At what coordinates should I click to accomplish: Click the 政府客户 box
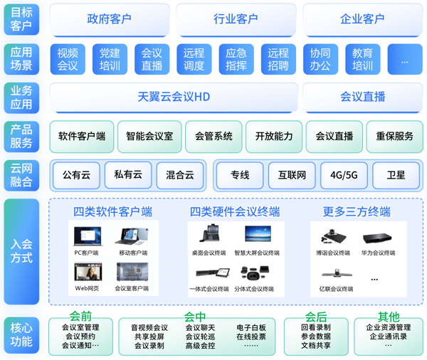pos(109,19)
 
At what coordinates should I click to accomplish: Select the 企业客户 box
pos(362,19)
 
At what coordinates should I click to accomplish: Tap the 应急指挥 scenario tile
pos(236,59)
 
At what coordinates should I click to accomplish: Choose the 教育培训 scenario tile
pos(362,59)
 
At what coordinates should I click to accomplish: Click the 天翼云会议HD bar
pos(173,97)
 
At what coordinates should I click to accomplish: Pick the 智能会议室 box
pos(149,136)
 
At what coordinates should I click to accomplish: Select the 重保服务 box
pos(394,136)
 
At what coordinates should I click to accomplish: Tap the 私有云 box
pos(128,174)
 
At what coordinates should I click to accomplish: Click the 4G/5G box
pos(344,175)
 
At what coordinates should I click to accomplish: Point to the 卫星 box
pos(396,175)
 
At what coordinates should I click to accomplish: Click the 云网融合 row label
pos(21,174)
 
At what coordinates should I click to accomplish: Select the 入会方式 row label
pos(21,250)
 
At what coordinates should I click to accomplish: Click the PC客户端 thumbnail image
pos(88,236)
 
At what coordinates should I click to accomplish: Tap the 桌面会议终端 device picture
pos(209,235)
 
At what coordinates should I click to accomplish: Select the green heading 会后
pos(315,317)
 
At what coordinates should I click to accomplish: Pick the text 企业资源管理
pos(388,328)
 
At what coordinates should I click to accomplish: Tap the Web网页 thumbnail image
pos(88,272)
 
